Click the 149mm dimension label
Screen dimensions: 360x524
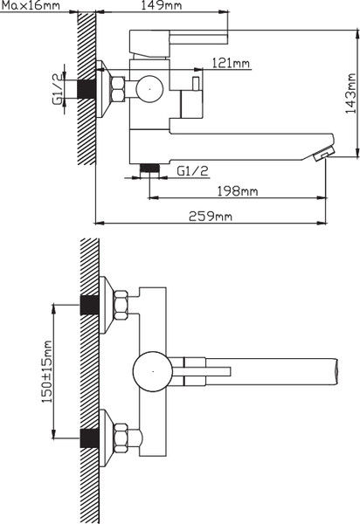click(x=162, y=5)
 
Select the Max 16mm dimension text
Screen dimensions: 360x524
click(x=30, y=5)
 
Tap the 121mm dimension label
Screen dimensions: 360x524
click(x=231, y=63)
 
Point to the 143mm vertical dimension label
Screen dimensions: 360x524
click(x=350, y=93)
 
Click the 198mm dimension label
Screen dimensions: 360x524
click(x=238, y=191)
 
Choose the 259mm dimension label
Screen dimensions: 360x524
click(x=211, y=216)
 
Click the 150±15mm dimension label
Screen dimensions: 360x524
click(x=47, y=371)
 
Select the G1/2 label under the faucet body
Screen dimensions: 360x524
click(x=192, y=171)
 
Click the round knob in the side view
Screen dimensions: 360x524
click(x=149, y=89)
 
